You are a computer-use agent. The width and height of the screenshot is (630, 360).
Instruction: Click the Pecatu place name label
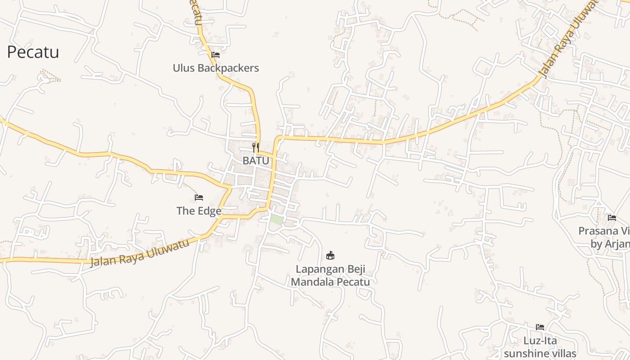point(33,52)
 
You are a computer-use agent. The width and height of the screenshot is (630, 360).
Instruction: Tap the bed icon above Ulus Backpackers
point(216,55)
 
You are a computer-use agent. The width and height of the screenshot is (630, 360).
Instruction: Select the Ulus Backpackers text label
point(216,68)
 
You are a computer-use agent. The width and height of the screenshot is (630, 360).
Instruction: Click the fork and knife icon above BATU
point(256,147)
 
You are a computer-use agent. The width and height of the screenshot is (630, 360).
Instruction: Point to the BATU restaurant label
point(256,160)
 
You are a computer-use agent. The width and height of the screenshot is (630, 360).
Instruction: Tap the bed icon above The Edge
point(199,197)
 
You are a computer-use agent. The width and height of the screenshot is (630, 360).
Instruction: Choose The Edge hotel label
point(199,211)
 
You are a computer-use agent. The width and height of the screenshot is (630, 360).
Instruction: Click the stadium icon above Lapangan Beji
point(330,256)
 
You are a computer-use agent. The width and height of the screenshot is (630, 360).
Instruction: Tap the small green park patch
point(276,220)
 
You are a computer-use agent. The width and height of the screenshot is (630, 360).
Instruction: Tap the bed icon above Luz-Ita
point(540,327)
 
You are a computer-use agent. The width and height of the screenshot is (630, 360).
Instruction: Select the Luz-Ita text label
point(540,340)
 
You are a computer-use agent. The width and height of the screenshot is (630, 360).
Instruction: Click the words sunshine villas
point(540,353)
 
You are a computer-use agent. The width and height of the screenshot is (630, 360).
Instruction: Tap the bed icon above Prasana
point(612,218)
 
